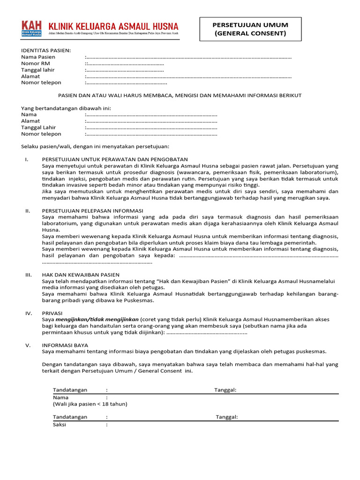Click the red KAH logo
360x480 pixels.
click(x=31, y=28)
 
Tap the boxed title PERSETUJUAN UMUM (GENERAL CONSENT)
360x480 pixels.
click(x=250, y=29)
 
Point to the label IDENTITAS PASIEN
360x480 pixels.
click(x=46, y=50)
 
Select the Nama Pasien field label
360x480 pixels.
click(x=38, y=57)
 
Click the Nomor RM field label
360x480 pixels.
click(x=35, y=63)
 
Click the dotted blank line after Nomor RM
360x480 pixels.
click(x=125, y=64)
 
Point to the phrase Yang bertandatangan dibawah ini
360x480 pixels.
click(x=63, y=108)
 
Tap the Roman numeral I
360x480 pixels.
click(x=27, y=159)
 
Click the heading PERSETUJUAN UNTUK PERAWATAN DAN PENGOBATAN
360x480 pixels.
click(x=115, y=159)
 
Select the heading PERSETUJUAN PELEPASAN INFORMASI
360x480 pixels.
click(x=92, y=210)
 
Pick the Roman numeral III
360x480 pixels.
click(x=28, y=274)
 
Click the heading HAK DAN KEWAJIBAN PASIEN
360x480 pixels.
click(x=81, y=274)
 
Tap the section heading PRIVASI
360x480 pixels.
click(x=52, y=313)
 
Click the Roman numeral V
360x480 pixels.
click(x=28, y=345)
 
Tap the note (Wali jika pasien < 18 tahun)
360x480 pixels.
click(x=90, y=404)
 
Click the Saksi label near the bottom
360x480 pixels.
click(x=60, y=425)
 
